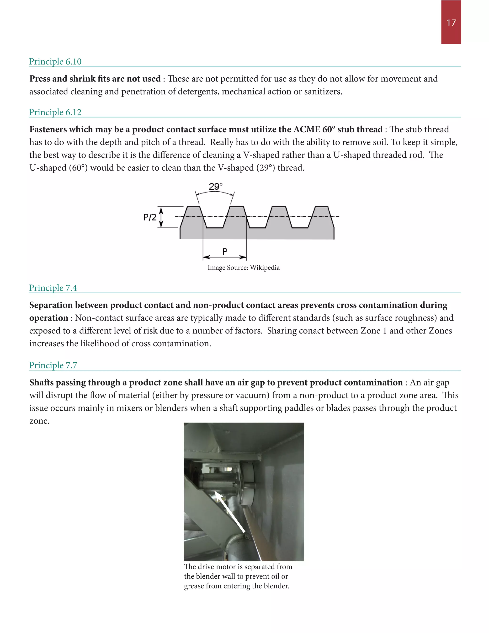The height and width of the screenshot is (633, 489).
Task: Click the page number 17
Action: point(451,23)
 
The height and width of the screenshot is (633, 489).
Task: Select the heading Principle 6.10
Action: point(55,61)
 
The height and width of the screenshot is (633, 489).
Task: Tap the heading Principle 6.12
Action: point(55,112)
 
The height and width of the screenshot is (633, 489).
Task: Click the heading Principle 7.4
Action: point(53,288)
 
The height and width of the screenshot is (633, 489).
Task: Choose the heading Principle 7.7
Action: point(53,365)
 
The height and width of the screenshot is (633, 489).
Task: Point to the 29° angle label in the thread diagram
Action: point(216,186)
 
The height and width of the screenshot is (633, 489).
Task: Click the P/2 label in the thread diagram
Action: point(150,217)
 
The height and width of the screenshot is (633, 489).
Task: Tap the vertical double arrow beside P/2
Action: point(161,218)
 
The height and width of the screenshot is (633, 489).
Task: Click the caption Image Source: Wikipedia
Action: point(243,268)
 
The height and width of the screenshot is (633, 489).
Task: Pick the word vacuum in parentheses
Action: point(252,395)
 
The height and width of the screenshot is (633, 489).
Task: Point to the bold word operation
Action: point(49,318)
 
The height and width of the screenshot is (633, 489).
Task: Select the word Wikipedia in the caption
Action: point(265,268)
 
